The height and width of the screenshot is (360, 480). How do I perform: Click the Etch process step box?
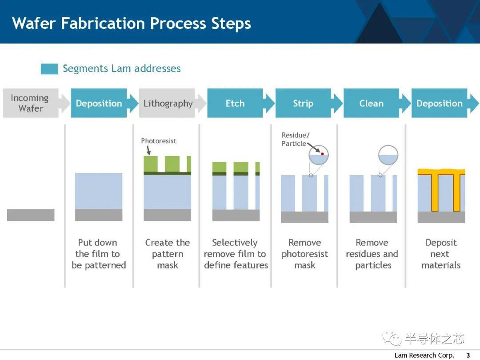235,103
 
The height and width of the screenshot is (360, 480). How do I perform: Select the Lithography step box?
168,103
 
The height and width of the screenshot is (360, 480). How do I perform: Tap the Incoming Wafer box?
31,103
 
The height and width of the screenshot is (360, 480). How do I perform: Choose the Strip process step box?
303,103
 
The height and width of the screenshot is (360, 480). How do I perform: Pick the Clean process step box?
371,103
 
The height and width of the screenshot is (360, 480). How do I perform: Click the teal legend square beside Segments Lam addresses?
49,69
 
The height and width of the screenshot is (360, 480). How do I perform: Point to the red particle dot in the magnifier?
322,154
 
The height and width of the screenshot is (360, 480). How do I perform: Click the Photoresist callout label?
159,141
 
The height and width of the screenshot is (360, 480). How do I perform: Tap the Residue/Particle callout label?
296,139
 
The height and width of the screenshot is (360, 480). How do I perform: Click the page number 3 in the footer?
468,355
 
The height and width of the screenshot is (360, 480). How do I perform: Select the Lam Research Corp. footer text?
424,355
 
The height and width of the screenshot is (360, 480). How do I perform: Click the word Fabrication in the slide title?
103,23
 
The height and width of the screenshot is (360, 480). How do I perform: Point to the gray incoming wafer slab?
31,215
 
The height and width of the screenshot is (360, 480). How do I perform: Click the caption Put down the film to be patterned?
99,254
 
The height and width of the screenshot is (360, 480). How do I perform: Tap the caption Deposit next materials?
441,254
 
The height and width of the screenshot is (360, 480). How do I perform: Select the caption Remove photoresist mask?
304,254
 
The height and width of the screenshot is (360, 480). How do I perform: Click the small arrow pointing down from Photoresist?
149,150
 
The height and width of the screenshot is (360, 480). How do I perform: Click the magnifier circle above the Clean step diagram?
388,145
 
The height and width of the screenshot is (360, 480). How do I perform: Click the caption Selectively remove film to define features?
236,254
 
